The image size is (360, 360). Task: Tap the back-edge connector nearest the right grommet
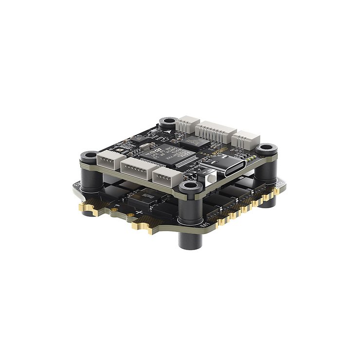(x=244, y=141)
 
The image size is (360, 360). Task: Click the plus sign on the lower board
(x=139, y=214)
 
